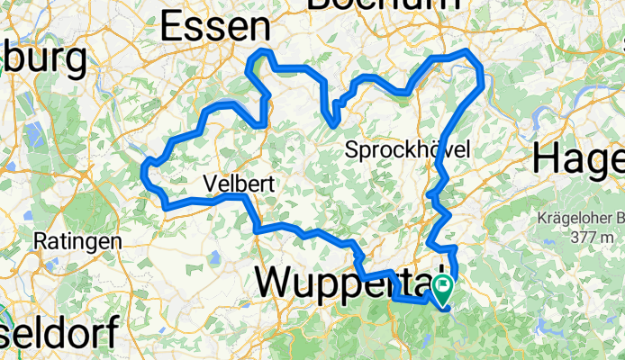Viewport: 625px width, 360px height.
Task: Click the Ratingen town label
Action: tap(77, 241)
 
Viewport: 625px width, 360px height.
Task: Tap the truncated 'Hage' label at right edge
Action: tap(577, 160)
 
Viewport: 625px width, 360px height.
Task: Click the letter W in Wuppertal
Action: tap(275, 282)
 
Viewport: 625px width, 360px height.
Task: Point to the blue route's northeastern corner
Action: tap(479, 63)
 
